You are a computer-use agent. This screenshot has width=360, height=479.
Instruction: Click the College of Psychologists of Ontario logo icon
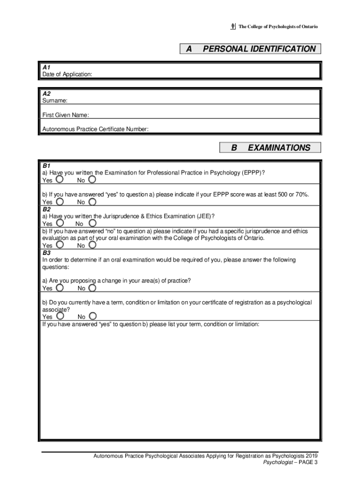tap(233, 27)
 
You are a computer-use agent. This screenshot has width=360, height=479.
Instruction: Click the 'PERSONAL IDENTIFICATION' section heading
tap(259, 49)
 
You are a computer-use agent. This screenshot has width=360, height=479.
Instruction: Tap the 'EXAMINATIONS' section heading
tap(279, 148)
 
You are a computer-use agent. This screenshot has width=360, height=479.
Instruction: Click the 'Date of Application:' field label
tap(67, 74)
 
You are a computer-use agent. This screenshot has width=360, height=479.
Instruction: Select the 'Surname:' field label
tap(55, 101)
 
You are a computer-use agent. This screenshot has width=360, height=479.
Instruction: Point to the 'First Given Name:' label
tap(65, 115)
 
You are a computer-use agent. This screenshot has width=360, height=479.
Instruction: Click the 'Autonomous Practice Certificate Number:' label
tap(95, 130)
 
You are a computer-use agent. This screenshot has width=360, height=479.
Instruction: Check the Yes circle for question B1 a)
tap(60, 180)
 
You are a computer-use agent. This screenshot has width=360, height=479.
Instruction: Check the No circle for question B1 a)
tap(92, 180)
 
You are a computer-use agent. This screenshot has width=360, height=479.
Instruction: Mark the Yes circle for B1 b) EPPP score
tap(60, 202)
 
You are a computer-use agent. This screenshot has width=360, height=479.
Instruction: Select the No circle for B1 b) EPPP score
tap(92, 202)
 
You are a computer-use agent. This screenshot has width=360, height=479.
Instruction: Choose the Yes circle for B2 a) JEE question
tap(60, 223)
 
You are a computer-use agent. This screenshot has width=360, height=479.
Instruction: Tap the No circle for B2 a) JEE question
tap(92, 223)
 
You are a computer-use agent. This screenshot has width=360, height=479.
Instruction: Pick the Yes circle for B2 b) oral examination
tap(60, 245)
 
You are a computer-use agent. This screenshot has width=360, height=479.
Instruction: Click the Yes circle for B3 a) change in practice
tap(60, 288)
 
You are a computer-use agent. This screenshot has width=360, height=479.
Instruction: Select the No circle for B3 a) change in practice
tap(92, 288)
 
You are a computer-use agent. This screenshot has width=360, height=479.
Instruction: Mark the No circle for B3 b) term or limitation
tap(92, 316)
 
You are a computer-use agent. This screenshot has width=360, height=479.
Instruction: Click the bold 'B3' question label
tap(47, 252)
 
